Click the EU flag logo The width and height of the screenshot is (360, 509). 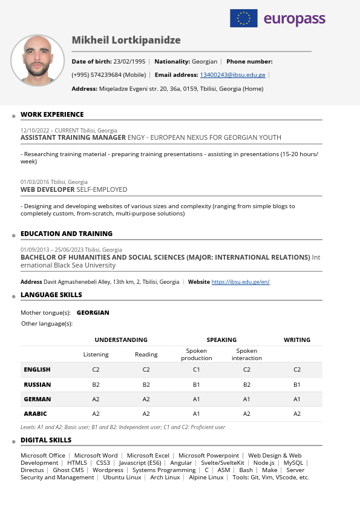tap(243, 18)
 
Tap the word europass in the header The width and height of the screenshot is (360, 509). tap(295, 19)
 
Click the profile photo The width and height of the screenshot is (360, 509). tap(38, 61)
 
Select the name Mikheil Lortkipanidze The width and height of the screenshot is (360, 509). tap(126, 41)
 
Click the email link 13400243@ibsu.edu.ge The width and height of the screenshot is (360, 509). tap(232, 75)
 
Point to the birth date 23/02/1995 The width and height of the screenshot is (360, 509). tap(129, 62)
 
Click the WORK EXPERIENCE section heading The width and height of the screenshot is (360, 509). tap(52, 114)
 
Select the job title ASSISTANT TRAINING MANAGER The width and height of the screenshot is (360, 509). tap(73, 137)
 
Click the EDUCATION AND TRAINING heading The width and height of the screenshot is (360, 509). tap(67, 234)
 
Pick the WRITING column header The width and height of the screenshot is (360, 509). tap(297, 340)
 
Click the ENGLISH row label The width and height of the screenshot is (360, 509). tap(37, 370)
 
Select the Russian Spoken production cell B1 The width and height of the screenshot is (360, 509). tap(196, 385)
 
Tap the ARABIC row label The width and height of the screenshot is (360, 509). tap(35, 414)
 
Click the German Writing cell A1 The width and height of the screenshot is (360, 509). tap(297, 399)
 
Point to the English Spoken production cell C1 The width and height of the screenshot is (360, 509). tap(196, 370)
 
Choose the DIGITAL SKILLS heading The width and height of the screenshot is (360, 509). tap(46, 440)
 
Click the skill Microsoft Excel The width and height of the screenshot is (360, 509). tap(148, 456)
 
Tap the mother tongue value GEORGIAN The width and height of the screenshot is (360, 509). tap(93, 313)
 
